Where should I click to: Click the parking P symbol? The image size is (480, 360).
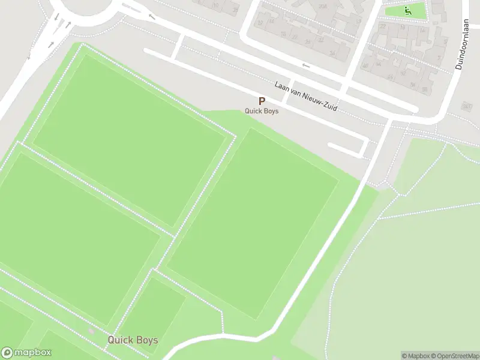point(262,101)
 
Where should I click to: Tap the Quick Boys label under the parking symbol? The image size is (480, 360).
point(262,110)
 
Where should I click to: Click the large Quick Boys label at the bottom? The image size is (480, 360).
point(133,340)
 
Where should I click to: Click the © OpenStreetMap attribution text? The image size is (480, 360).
point(452,356)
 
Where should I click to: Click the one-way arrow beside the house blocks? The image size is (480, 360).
point(306,65)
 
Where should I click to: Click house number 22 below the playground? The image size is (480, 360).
point(383,26)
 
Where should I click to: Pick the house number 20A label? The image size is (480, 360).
point(323,7)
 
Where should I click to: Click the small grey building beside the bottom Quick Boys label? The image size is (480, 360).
point(91,331)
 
